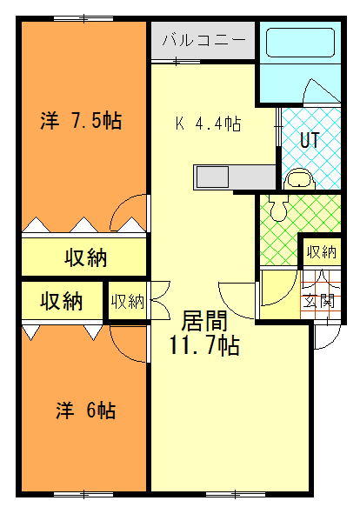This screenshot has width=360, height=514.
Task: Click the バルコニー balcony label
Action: point(203,40)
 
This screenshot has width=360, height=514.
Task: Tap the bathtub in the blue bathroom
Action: point(300,43)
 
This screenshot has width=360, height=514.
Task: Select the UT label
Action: point(310,140)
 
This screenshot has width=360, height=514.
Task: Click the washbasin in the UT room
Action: point(298,180)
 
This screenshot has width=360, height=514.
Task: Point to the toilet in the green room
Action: point(278,208)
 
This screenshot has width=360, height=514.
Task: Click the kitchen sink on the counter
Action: point(212,177)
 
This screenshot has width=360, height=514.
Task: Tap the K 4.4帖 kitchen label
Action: point(208,123)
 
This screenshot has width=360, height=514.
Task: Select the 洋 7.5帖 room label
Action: point(81,121)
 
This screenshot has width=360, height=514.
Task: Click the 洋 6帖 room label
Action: point(85,411)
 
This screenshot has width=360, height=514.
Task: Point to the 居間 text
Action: point(204,321)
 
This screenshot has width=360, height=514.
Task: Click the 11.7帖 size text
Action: point(204,345)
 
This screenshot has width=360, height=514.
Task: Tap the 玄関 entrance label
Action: point(318,301)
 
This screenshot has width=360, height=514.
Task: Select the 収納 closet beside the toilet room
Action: point(322,252)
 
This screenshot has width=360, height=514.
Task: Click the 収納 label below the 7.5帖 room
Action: point(85,257)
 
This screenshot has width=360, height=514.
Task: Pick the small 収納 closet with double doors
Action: point(127,301)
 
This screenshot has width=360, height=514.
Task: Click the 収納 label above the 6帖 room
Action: point(61,301)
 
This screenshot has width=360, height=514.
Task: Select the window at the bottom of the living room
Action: point(236,494)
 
